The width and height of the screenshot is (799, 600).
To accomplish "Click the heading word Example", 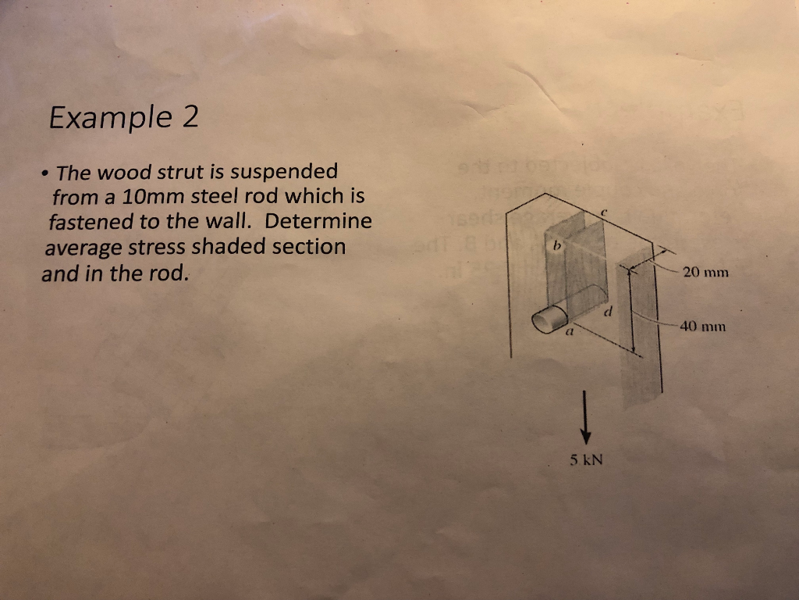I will coord(110,118).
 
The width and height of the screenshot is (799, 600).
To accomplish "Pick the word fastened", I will coord(90,221).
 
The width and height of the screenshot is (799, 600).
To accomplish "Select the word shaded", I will coord(222,247).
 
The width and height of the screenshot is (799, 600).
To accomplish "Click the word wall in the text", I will coord(235,221).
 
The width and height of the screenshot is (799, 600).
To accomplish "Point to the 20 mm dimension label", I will coord(705,273).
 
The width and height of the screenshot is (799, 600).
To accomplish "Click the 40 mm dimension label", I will coord(703,326).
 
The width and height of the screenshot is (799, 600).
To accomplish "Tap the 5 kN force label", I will coord(587,460).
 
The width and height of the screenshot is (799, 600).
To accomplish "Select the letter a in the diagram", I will coord(570,331).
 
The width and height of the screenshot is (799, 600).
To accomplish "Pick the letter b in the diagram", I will coord(557,245).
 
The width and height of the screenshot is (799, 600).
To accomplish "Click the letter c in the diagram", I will coord(605,211).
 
